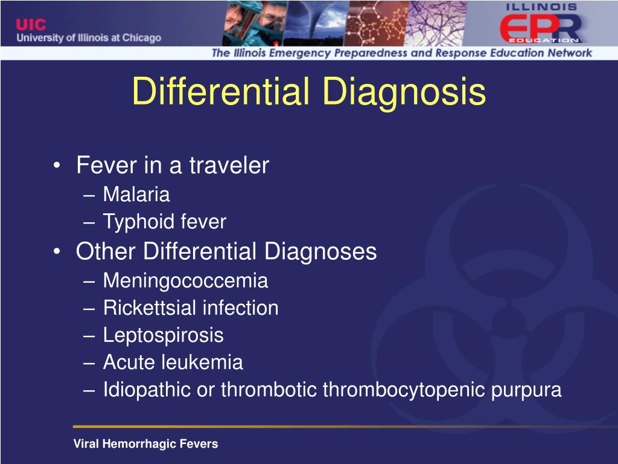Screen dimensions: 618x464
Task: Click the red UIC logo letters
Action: (31, 24)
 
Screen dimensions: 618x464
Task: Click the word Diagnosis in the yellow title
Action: (404, 92)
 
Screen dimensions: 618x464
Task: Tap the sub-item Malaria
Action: (136, 194)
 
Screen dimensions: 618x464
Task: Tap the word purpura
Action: (526, 390)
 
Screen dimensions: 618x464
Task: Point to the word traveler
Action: (229, 165)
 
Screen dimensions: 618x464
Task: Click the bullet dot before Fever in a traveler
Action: (57, 166)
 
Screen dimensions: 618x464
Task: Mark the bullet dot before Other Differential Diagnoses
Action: (57, 251)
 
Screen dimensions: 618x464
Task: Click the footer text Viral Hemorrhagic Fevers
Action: (145, 444)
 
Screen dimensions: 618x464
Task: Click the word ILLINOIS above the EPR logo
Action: (541, 7)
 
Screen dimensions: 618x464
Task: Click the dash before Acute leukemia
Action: (89, 363)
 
